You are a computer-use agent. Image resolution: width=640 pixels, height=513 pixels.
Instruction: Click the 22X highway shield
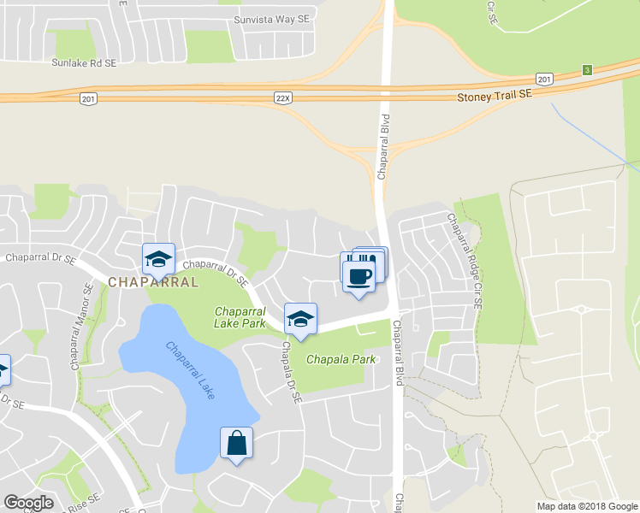284,98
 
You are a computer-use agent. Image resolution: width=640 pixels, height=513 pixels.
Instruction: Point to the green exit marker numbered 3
587,70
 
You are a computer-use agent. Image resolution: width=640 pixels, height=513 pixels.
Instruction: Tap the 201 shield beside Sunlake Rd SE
87,99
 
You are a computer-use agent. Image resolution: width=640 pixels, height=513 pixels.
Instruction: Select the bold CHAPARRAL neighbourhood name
153,281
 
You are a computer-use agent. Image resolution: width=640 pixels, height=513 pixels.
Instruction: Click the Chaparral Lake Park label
240,317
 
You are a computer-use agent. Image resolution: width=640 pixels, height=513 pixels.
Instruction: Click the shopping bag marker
236,443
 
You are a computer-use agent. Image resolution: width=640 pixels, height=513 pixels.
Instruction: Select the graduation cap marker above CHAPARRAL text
157,258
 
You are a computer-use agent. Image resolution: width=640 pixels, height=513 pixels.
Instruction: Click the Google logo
28,503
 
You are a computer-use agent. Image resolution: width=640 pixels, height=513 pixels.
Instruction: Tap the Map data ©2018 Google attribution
587,506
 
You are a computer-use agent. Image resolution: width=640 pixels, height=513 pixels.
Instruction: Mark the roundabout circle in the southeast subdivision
592,436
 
